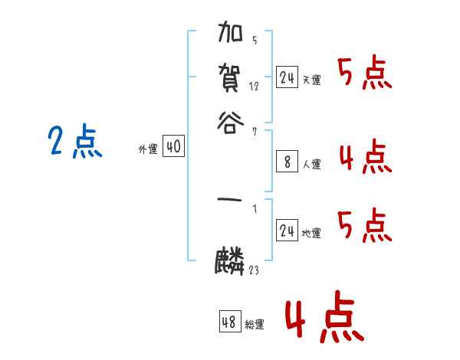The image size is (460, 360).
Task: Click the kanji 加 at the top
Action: click(x=232, y=36)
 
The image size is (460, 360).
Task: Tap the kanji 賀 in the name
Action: click(x=232, y=77)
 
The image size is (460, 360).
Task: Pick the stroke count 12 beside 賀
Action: click(x=254, y=87)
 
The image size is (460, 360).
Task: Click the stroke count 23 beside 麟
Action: click(x=254, y=270)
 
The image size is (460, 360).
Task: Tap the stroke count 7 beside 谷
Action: click(x=254, y=132)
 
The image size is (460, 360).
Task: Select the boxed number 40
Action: click(x=174, y=147)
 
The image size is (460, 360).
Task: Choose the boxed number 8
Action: click(x=287, y=161)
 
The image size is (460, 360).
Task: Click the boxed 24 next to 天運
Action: click(x=287, y=77)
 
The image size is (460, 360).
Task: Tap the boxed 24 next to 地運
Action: click(x=287, y=231)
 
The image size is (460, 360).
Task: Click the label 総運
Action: click(x=255, y=325)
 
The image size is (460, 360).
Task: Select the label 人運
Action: click(x=312, y=164)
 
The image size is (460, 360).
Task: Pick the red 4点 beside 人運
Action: click(x=365, y=156)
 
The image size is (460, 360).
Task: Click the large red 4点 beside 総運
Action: click(x=324, y=319)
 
